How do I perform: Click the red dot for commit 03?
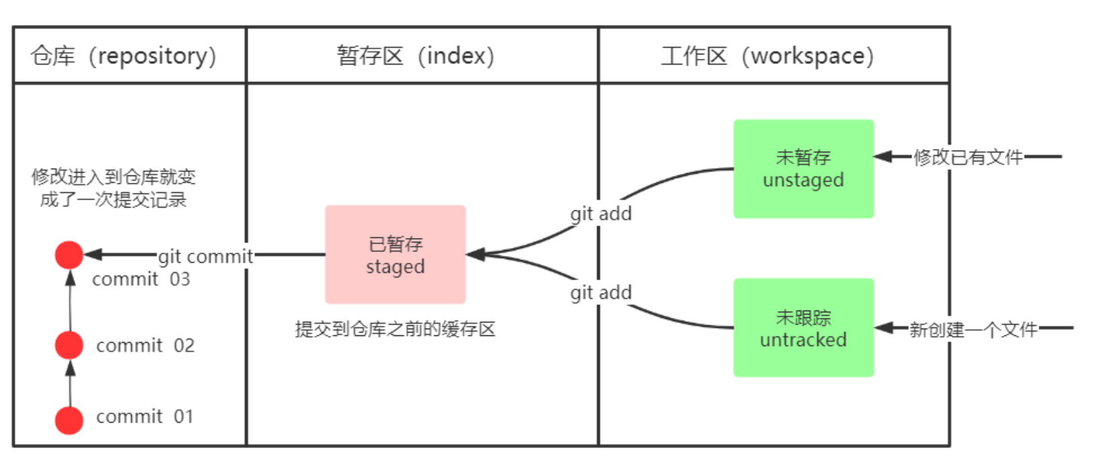(x=69, y=255)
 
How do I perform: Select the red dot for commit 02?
(x=69, y=345)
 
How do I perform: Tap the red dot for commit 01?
(x=69, y=420)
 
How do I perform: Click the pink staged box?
(x=395, y=255)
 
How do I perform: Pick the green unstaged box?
(x=803, y=169)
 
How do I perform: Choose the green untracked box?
(x=803, y=328)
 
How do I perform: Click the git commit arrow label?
(x=205, y=256)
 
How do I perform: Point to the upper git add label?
(x=601, y=214)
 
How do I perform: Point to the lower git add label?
(x=601, y=293)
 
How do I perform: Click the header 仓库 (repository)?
(x=124, y=56)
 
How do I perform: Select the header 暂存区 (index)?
(x=416, y=56)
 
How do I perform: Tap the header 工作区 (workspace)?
(x=768, y=56)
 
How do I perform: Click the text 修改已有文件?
(x=968, y=157)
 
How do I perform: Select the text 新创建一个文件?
(x=973, y=329)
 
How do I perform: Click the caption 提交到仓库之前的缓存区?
(x=395, y=329)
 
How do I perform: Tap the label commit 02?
(x=145, y=345)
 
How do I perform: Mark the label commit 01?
(x=145, y=417)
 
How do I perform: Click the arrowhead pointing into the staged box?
(x=475, y=255)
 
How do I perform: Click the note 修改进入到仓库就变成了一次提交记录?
(x=113, y=188)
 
